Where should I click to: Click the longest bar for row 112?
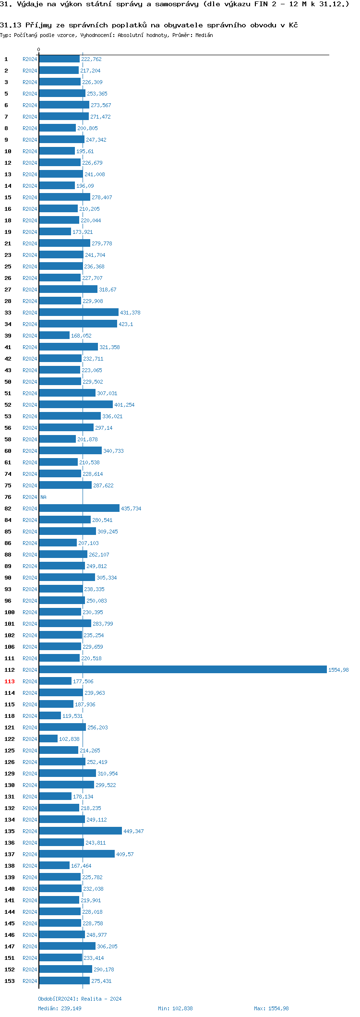click(182, 669)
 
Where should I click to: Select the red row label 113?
click(10, 681)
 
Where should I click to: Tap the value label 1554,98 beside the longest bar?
click(338, 670)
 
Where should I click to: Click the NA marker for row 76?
click(43, 497)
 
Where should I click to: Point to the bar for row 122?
click(48, 739)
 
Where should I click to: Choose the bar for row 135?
click(80, 831)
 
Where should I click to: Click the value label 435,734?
click(131, 508)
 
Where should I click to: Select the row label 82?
click(8, 508)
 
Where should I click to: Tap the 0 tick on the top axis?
click(39, 49)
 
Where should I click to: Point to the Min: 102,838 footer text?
click(175, 1008)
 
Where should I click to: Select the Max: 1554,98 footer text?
click(271, 1008)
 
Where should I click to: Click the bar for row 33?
click(79, 312)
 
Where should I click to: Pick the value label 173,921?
click(83, 232)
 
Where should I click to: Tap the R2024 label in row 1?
click(30, 59)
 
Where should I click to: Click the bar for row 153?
click(64, 981)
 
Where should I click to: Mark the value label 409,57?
click(125, 854)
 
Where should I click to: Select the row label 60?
click(8, 451)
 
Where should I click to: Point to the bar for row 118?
click(50, 715)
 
